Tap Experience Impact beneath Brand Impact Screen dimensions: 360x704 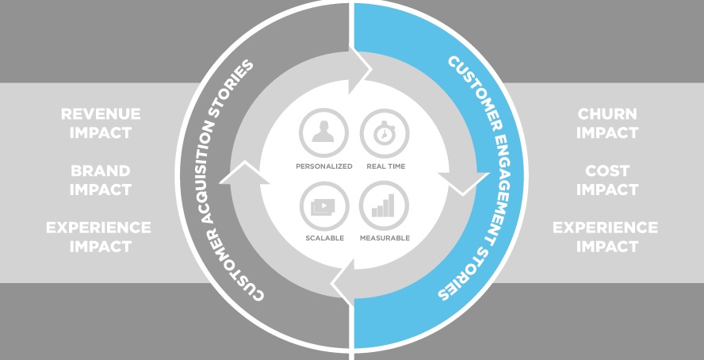[x=98, y=237]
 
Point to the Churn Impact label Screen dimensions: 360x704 [x=606, y=123]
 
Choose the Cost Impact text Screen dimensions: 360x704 [x=606, y=180]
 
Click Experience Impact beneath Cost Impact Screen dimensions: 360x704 [x=605, y=237]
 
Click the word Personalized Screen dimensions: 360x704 [x=323, y=167]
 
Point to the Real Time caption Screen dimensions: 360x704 [x=385, y=167]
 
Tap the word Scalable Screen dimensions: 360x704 [x=323, y=238]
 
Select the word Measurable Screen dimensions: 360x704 [x=385, y=238]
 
